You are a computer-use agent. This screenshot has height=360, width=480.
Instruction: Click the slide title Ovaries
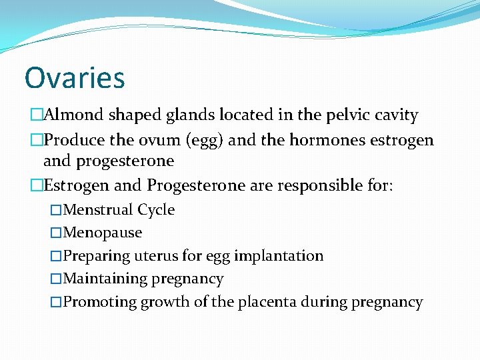[x=74, y=77]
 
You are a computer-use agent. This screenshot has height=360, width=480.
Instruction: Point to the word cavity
[x=397, y=115]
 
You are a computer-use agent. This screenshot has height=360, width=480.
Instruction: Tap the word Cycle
[x=156, y=210]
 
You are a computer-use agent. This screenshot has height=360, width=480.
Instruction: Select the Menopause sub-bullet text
[x=102, y=233]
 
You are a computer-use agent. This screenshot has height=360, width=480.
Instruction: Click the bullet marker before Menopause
[x=56, y=233]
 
